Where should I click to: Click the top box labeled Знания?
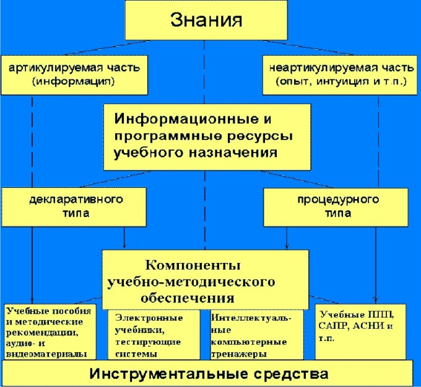coord(206,20)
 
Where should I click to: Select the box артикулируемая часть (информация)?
coord(74,75)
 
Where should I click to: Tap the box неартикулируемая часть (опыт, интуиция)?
coord(340,75)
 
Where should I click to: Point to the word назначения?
coord(233,153)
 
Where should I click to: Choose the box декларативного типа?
coord(74,207)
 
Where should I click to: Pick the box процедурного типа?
coord(336,207)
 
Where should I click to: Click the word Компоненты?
coord(193,265)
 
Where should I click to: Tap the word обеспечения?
coord(188,298)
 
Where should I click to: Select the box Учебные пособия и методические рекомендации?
coord(50,332)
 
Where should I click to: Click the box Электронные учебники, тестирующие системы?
coord(154,335)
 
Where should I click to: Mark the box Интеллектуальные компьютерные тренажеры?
coord(257,335)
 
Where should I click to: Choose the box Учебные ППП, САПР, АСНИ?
coord(360,332)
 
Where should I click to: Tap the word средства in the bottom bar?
coord(291,374)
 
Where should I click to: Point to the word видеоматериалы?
coord(46,354)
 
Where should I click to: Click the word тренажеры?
coord(239,354)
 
